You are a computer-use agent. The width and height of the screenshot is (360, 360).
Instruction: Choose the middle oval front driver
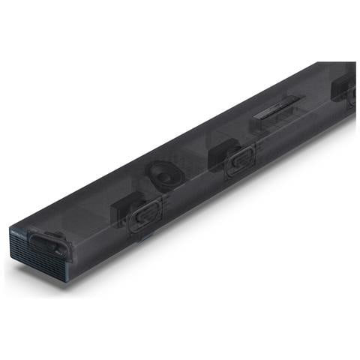click(x=240, y=158)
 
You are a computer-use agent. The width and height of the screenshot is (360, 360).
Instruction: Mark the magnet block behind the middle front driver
click(x=217, y=154)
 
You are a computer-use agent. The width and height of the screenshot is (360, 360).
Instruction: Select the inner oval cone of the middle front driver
click(x=241, y=158)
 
